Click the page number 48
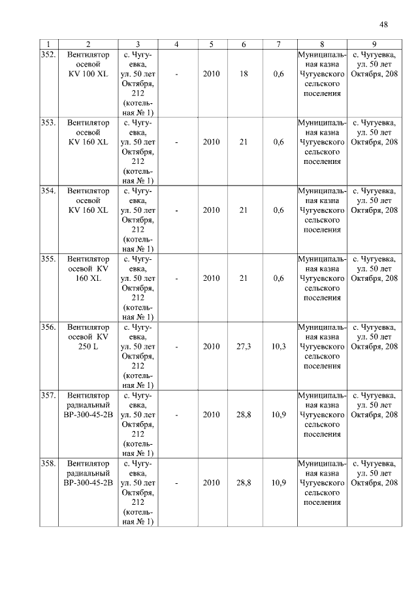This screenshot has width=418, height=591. click(383, 25)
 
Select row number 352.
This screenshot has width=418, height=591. click(48, 55)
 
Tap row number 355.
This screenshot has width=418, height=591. click(48, 259)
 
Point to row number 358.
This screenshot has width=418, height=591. click(48, 463)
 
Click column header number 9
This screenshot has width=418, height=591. click(374, 44)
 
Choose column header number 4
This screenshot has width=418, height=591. click(177, 44)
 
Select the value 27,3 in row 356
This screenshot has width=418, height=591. click(244, 346)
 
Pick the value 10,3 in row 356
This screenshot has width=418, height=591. click(279, 346)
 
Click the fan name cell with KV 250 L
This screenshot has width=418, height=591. click(88, 336)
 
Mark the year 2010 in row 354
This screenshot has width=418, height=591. click(211, 210)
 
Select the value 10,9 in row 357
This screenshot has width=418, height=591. click(279, 415)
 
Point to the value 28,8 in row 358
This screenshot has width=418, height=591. click(244, 483)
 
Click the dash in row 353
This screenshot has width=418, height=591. click(177, 142)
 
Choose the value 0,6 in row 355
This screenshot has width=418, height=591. click(279, 278)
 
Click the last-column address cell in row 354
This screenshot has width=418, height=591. click(374, 200)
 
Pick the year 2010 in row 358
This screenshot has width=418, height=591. click(211, 483)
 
